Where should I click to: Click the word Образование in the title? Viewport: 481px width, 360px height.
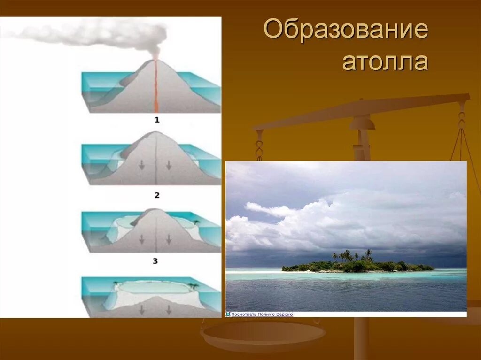[346, 31]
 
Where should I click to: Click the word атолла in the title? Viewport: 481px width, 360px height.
[385, 61]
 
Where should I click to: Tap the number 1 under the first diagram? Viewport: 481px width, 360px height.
[157, 120]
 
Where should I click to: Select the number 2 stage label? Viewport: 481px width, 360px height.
[157, 195]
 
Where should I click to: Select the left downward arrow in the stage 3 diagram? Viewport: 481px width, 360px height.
[141, 239]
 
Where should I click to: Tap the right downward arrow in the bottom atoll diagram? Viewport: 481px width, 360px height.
[169, 310]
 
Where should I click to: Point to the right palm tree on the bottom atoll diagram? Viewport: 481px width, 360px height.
[192, 285]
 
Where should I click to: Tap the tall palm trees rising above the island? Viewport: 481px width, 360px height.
[348, 255]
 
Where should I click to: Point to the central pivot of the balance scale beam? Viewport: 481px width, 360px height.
[362, 123]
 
